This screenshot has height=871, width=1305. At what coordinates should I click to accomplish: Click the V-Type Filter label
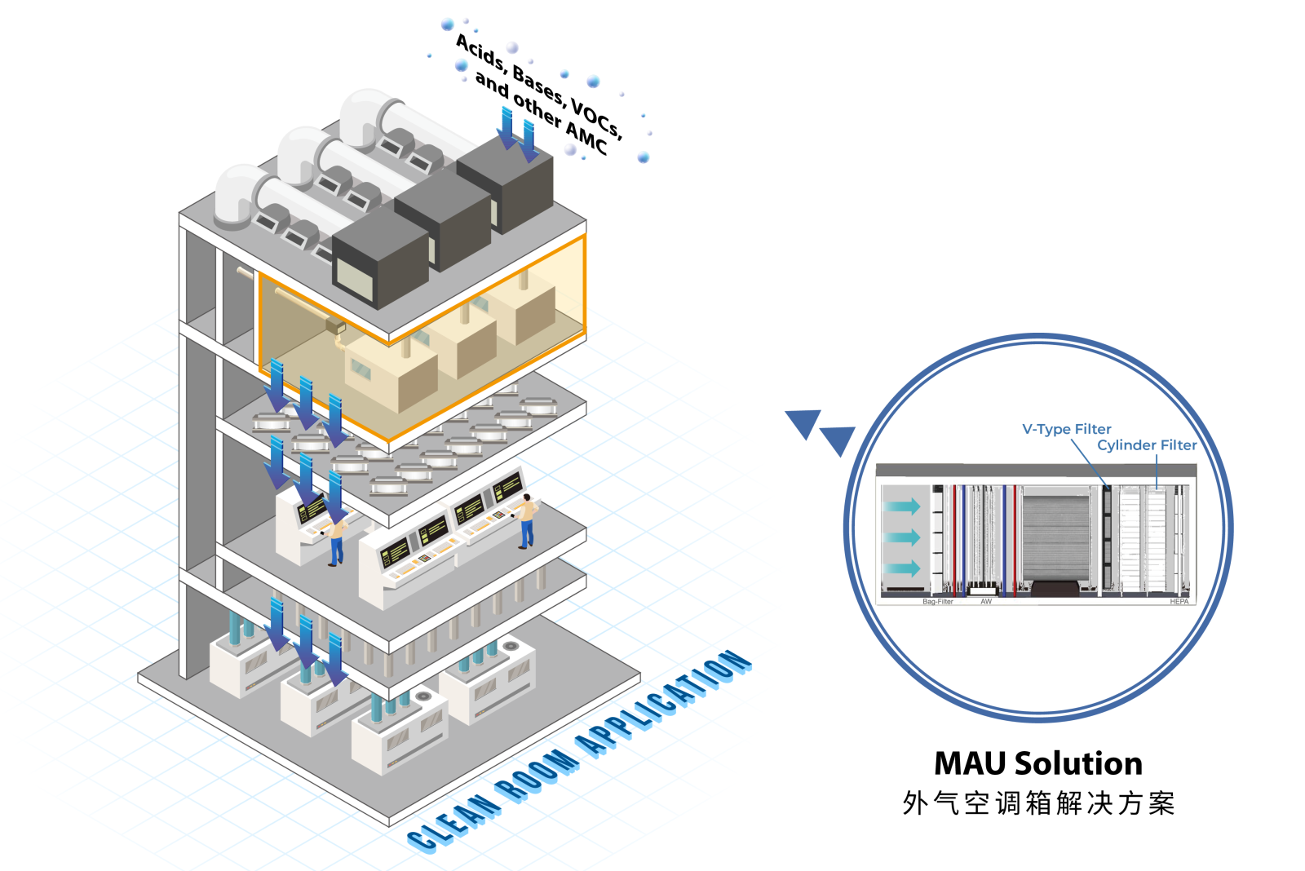coord(1066,429)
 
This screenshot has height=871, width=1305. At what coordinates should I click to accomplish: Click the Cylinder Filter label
coord(1146,445)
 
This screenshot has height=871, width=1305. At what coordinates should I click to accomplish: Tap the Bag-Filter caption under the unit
coord(937,602)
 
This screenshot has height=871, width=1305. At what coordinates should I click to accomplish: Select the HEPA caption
coord(1179,602)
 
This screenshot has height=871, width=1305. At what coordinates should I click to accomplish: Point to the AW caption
coord(986,602)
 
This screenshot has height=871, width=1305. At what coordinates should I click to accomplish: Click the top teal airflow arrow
coord(902,506)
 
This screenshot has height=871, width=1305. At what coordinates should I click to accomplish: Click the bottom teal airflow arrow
coord(902,568)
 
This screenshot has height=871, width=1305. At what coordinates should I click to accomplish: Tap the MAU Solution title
coord(1037,763)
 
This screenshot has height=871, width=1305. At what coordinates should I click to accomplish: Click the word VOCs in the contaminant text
coord(596,119)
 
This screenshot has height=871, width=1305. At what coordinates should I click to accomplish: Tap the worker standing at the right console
coord(528,520)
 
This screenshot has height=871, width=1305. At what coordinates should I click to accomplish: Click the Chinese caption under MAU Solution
coord(1037,803)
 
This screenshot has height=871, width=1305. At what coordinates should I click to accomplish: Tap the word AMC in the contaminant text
coord(586,139)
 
